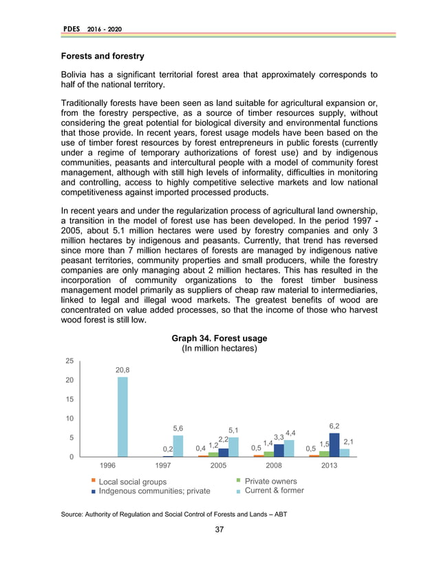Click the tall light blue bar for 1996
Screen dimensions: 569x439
[122, 417]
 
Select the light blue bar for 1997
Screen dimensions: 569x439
[178, 446]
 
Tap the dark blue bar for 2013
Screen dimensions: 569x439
[334, 445]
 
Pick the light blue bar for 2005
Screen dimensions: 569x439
[233, 447]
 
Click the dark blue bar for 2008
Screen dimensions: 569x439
[279, 451]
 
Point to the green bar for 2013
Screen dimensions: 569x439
[324, 454]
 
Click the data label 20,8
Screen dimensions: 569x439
[122, 370]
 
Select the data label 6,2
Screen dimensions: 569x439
[334, 426]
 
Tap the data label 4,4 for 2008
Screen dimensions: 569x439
[291, 433]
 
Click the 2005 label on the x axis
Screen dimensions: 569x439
[218, 465]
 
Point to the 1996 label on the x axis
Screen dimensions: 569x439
[107, 465]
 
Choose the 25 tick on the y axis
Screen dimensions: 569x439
[69, 361]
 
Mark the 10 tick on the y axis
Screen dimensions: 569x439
[69, 418]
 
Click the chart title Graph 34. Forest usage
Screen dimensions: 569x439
[219, 338]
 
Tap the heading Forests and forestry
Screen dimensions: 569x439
[103, 54]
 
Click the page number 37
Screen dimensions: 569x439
[219, 529]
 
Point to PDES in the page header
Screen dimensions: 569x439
[71, 28]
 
